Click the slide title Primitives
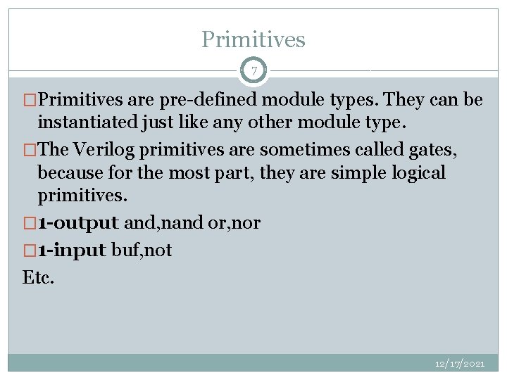coord(254,39)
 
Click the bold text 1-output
coord(78,224)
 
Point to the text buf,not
coord(142,250)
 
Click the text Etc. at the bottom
coord(38,277)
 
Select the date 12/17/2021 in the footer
coord(460,363)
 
